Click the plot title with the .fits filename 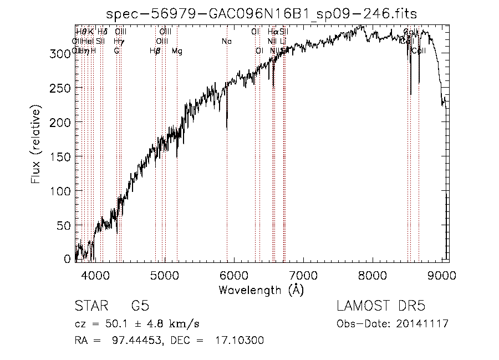(x=261, y=13)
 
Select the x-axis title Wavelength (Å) (x=261, y=290)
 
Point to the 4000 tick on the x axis (x=95, y=275)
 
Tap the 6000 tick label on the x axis (x=234, y=275)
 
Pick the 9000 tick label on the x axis (x=442, y=275)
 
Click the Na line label (x=226, y=42)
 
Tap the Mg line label (x=177, y=52)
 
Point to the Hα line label (x=273, y=32)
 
